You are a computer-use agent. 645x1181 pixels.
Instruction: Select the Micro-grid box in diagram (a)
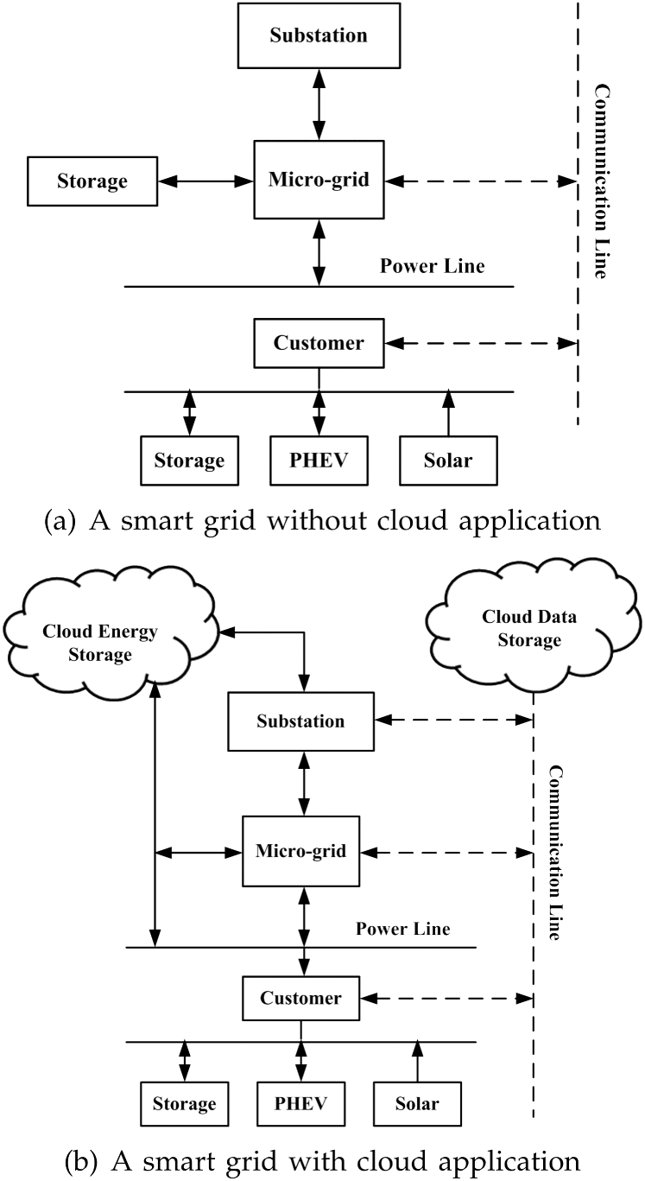[319, 181]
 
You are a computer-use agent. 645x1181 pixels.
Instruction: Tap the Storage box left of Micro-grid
[92, 181]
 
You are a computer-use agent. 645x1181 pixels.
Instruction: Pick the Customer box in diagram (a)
[319, 343]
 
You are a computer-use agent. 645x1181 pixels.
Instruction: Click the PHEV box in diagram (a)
[319, 460]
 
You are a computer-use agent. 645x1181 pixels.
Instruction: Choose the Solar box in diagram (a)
[448, 460]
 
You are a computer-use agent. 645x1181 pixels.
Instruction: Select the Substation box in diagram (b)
[300, 721]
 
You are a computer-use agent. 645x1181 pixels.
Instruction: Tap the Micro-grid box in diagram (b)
[300, 851]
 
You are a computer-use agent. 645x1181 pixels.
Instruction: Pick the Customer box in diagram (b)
[300, 998]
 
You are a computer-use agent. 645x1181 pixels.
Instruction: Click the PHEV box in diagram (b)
[300, 1103]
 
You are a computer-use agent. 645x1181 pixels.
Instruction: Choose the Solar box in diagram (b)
[417, 1103]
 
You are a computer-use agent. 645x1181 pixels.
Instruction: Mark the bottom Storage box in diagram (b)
[184, 1103]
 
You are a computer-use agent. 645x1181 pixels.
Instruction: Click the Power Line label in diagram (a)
[432, 266]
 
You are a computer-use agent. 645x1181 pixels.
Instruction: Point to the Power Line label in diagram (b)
[402, 930]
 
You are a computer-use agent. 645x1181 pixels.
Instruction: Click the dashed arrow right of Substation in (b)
[452, 719]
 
